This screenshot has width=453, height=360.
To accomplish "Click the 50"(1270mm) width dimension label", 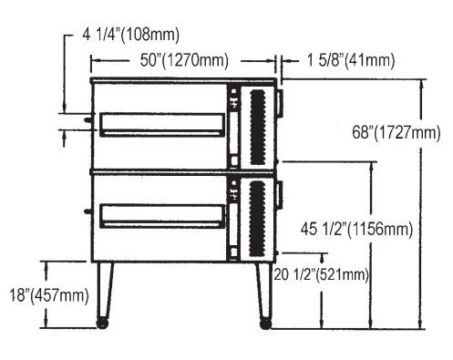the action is (184, 60).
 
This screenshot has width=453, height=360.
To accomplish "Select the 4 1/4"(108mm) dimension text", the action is (130, 35).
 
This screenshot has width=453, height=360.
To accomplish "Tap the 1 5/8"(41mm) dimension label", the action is (351, 60).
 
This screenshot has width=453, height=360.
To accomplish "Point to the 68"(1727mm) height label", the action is (396, 132).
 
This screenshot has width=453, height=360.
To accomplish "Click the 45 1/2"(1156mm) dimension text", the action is (356, 229).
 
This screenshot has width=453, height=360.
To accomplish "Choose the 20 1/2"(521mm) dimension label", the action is (322, 274).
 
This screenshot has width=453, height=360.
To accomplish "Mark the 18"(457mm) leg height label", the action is (49, 295).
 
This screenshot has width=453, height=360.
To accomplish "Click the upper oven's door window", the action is (162, 125).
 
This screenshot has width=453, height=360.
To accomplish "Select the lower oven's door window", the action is (162, 216).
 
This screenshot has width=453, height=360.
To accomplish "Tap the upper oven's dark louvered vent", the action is (258, 127).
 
